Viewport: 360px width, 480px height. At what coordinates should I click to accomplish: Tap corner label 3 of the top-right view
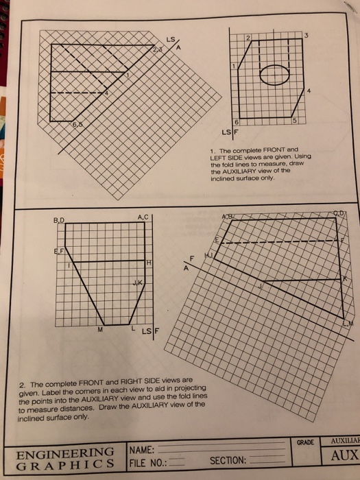point(307,35)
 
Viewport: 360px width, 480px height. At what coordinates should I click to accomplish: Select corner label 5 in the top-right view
point(295,121)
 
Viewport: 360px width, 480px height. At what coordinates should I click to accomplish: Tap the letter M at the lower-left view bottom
point(101,331)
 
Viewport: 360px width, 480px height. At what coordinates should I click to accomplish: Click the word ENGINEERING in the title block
point(65,451)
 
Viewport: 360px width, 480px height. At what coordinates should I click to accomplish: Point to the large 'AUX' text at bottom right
point(345,456)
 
